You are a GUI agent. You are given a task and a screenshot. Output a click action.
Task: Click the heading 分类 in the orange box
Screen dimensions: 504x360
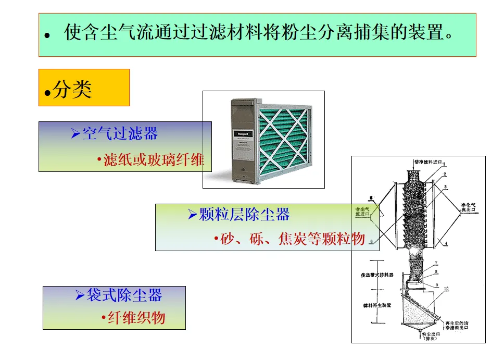[x=72, y=90]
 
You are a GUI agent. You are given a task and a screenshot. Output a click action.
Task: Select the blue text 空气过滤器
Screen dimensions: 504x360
[x=120, y=134]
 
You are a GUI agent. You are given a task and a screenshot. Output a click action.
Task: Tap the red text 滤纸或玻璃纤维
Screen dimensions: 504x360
[x=154, y=160]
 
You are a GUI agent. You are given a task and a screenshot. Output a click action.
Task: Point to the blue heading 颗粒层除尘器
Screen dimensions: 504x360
[x=244, y=214]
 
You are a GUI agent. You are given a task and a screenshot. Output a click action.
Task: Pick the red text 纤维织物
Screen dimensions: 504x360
[x=136, y=318]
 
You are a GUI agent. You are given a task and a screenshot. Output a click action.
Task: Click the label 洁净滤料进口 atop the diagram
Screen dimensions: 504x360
[x=427, y=163]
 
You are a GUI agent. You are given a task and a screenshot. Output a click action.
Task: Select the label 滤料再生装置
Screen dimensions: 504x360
[x=376, y=306]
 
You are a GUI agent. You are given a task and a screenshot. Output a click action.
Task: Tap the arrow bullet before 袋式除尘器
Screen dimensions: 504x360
[x=80, y=296]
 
